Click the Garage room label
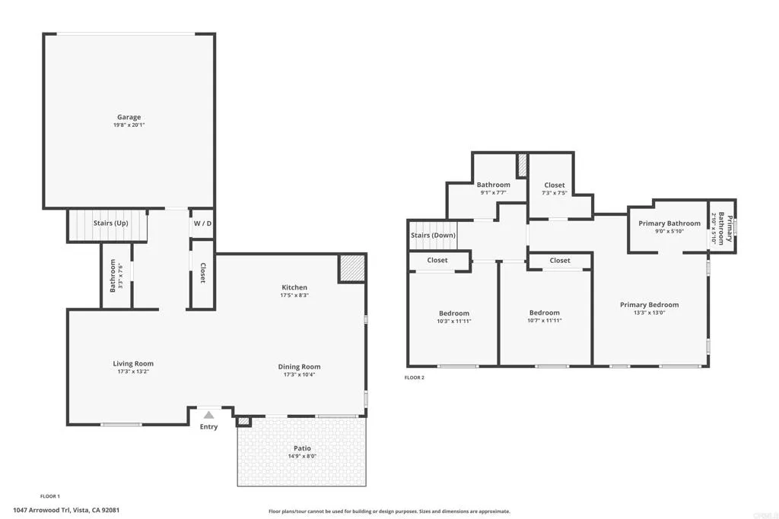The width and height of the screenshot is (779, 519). [129, 117]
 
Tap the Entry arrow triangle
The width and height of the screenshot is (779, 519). [208, 415]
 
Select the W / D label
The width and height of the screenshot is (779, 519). [202, 223]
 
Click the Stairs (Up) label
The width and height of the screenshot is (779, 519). [110, 223]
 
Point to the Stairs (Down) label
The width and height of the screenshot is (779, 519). [433, 236]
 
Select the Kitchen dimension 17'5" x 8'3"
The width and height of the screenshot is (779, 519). [294, 296]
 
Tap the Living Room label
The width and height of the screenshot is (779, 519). [133, 364]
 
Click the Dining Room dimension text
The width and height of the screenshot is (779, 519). [299, 375]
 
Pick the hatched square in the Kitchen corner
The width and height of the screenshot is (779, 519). [351, 268]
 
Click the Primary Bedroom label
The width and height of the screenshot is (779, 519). [649, 305]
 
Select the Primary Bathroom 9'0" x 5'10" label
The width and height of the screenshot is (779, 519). [669, 231]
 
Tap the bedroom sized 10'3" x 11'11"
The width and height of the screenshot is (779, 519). [454, 321]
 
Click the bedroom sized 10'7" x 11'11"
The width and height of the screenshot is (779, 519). [545, 321]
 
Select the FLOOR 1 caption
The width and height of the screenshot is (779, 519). [50, 495]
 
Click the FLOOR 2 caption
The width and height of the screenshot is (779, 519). [414, 377]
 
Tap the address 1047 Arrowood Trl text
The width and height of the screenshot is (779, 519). [66, 511]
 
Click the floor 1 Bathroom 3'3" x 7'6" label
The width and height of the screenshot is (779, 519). [116, 276]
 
